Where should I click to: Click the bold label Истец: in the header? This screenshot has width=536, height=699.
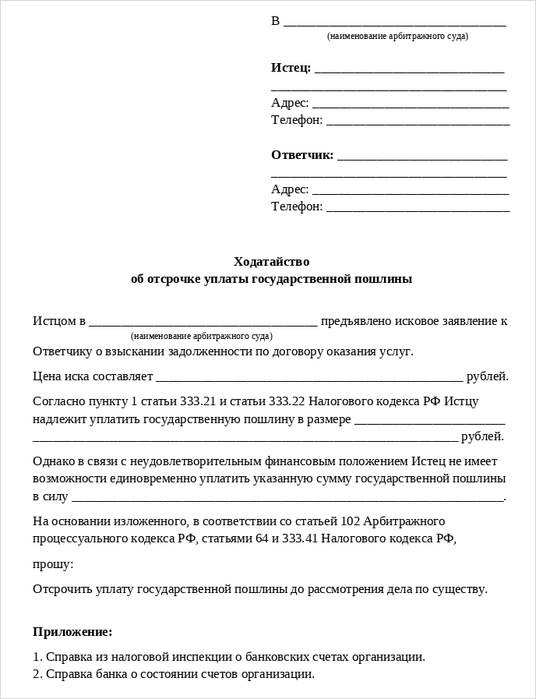pos(291,68)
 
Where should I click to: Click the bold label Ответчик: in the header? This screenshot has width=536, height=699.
pos(302,154)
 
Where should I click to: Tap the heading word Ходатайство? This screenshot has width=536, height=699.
pos(271,262)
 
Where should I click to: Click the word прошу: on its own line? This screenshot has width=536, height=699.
pos(53,563)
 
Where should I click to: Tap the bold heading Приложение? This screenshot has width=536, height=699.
pos(72,631)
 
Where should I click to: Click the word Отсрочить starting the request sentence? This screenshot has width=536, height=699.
pos(58,588)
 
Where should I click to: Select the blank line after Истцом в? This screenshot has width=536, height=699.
pos(203,321)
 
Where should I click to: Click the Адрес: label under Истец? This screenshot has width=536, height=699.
pos(290,103)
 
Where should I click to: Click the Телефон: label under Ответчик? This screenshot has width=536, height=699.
pos(297,207)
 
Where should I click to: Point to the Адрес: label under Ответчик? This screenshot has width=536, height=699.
pos(290,189)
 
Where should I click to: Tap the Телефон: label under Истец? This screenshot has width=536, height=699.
pos(297,120)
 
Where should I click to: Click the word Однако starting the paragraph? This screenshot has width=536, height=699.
pos(53,461)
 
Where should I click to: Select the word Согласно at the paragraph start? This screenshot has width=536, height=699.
pos(57,401)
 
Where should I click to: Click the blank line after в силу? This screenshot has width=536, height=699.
pos(287,496)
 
